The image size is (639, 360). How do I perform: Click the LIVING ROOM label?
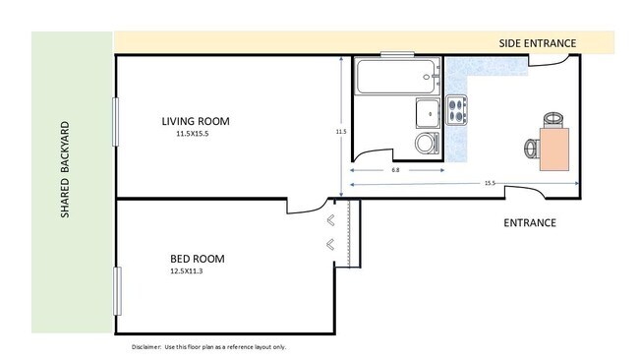[x=196, y=121]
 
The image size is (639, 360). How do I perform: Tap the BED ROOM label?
[x=198, y=259]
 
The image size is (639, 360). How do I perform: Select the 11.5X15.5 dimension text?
[x=193, y=134]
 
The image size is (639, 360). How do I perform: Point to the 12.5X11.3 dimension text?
[x=186, y=271]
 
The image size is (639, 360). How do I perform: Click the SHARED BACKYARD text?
[x=65, y=169]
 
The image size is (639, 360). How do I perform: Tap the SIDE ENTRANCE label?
[x=538, y=43]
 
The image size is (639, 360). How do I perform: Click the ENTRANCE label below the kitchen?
[x=530, y=222]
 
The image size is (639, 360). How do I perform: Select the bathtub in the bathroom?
[x=397, y=77]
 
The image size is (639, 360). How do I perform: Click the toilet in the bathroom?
[x=428, y=143]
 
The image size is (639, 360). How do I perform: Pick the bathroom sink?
[x=428, y=113]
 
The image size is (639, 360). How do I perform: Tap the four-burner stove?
[x=456, y=110]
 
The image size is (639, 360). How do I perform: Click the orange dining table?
[x=554, y=149]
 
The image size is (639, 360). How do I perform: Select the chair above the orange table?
[x=553, y=120]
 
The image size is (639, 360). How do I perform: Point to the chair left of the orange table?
[x=532, y=149]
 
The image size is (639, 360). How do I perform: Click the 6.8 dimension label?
[x=395, y=170]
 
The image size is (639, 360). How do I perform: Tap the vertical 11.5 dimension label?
[x=341, y=131]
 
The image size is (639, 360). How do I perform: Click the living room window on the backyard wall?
[x=115, y=122]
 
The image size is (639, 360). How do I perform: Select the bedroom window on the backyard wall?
[x=117, y=291]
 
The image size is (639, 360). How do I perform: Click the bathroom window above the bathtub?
[x=397, y=54]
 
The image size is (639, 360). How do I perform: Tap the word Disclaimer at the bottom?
[x=146, y=347]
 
